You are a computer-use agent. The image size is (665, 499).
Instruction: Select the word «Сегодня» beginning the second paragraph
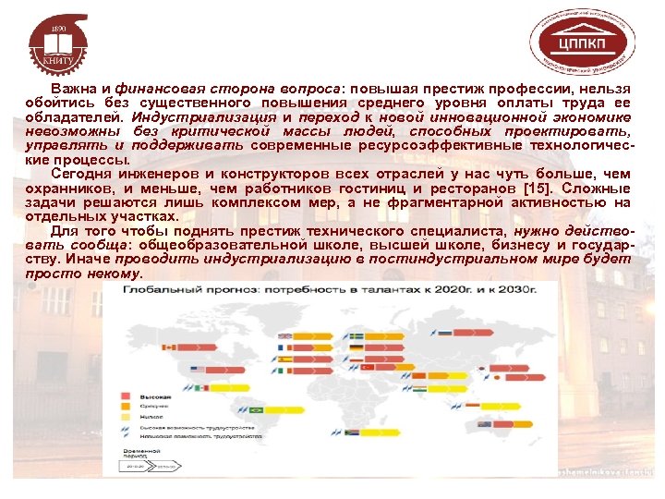82,173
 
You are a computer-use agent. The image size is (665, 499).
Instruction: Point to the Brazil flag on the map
257,409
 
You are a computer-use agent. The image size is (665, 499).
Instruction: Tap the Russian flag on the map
445,332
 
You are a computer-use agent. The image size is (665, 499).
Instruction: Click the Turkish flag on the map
368,367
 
